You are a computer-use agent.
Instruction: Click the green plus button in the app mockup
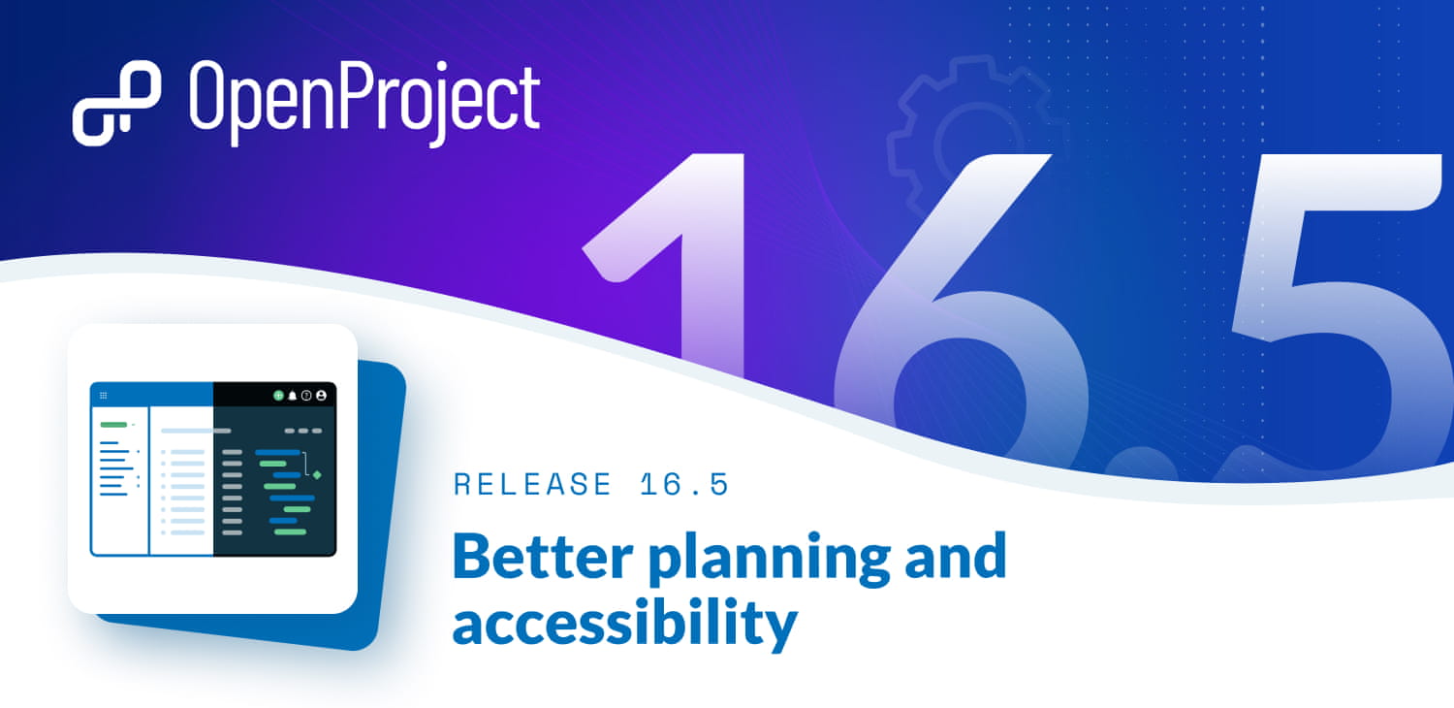coord(278,396)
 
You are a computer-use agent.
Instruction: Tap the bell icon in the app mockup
coord(292,396)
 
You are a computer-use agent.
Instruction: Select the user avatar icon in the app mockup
coord(321,396)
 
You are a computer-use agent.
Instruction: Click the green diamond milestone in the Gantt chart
coord(317,474)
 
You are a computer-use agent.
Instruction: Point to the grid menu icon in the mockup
coord(104,396)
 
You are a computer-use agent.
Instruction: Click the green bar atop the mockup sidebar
coord(113,425)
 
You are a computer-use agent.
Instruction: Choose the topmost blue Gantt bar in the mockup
coord(277,452)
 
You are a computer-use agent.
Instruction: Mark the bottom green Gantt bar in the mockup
coord(290,531)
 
